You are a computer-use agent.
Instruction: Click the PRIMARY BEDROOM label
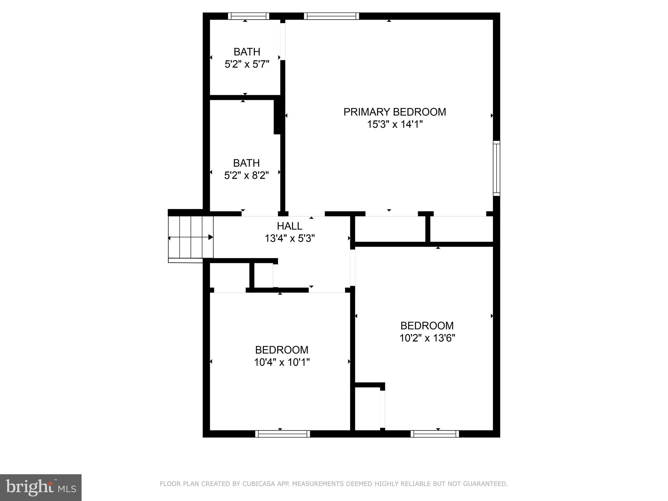(x=394, y=112)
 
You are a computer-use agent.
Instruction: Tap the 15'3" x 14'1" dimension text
(x=395, y=124)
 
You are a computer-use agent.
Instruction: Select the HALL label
(x=289, y=226)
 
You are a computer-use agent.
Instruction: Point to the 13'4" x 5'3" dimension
(x=289, y=238)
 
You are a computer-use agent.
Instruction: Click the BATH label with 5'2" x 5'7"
(x=247, y=52)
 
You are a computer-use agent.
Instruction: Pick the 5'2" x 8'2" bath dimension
(x=246, y=175)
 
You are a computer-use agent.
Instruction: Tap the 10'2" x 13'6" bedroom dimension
(x=427, y=338)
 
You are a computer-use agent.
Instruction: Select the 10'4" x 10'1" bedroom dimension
(x=281, y=362)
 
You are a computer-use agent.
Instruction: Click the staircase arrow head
(x=211, y=237)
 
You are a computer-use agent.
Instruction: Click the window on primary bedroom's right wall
(x=496, y=168)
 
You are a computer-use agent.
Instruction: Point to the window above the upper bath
(x=249, y=16)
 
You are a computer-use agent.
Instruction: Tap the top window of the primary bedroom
(x=331, y=16)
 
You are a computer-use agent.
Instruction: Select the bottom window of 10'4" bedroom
(x=282, y=433)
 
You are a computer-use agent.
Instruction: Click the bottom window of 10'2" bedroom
(x=434, y=433)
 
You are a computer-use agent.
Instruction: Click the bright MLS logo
(x=41, y=487)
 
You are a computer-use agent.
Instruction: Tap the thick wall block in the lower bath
(x=278, y=116)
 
